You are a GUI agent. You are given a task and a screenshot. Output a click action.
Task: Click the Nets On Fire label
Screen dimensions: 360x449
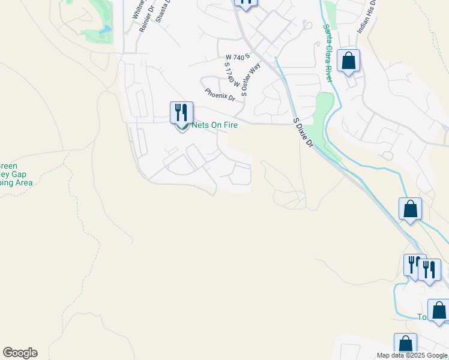215,125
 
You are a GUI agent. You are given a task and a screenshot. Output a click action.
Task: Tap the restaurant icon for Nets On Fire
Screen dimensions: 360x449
181,113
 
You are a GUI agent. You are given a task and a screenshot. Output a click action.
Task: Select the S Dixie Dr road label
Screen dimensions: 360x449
303,133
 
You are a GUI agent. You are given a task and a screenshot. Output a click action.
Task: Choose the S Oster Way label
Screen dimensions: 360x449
251,79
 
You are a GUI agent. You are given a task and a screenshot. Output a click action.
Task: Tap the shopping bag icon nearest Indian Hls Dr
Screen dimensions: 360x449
348,61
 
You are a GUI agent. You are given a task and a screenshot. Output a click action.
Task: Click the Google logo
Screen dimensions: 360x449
20,353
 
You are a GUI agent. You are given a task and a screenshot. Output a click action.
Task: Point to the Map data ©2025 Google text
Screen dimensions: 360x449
412,356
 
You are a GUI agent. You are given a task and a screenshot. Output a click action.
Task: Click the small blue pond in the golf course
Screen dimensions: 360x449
106,29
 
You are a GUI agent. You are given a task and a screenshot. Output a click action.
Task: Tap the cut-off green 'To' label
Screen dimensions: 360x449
421,317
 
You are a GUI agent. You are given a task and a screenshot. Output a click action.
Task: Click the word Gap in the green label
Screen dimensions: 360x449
26,174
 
